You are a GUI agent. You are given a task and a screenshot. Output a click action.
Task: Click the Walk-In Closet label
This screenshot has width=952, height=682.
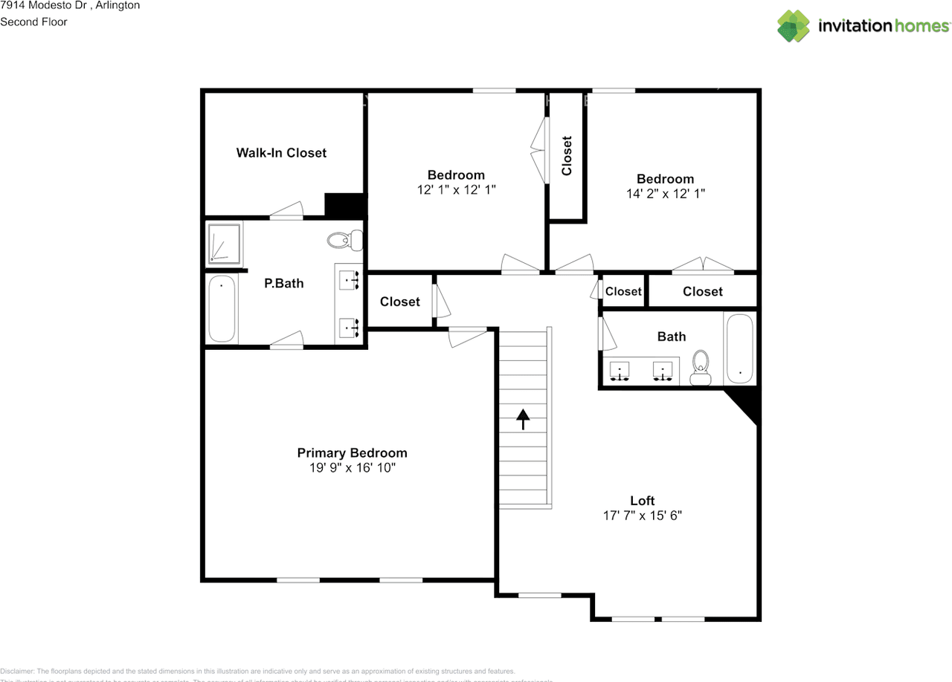point(281,153)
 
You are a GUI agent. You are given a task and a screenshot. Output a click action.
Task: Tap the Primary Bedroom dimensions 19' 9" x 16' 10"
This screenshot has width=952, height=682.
point(352,468)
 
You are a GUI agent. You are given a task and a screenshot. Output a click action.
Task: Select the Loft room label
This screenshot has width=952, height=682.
point(642,501)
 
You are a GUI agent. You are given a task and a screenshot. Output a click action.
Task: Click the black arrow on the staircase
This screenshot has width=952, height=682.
point(523,419)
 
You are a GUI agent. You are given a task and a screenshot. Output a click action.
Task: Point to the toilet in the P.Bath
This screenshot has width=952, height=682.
point(344,240)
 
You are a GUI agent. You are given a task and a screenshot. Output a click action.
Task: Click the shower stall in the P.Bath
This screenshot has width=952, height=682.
point(223,242)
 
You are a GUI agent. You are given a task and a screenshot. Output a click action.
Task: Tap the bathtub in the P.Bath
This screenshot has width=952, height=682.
point(222,308)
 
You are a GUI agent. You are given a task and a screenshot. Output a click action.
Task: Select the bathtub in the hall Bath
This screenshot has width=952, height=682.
point(739,348)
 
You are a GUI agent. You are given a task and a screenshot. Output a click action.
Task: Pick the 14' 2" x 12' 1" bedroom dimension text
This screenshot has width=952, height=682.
point(665,193)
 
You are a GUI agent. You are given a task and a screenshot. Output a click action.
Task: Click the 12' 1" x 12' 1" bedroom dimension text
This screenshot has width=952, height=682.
point(456,189)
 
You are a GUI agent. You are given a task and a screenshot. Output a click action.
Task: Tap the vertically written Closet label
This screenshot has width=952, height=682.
point(567,156)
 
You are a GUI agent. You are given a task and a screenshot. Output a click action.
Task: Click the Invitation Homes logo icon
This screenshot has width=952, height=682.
point(794,26)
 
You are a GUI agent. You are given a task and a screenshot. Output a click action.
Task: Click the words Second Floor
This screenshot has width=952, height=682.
point(33,22)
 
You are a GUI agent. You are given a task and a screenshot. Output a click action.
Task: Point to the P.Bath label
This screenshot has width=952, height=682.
point(284,283)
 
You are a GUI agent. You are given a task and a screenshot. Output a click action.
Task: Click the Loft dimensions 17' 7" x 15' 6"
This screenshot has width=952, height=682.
point(642,515)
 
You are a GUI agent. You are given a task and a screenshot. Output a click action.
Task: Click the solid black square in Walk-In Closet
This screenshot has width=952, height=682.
point(344,204)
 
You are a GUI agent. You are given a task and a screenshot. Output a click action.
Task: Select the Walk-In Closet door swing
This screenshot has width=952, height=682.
point(286,211)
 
